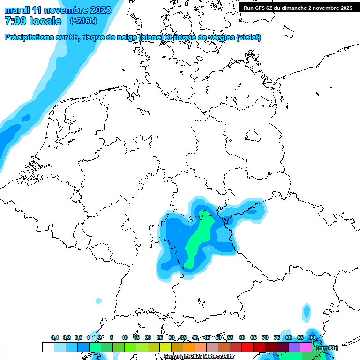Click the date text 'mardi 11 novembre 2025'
[58, 10]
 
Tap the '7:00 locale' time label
[33, 22]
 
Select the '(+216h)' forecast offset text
[83, 21]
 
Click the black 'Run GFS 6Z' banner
[298, 7]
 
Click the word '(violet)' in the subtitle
[249, 37]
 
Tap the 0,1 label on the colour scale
[55, 337]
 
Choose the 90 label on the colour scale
[312, 337]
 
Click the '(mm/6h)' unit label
[327, 347]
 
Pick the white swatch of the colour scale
[48, 347]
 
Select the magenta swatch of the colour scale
[306, 347]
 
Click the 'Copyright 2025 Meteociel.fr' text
[199, 357]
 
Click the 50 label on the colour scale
[218, 337]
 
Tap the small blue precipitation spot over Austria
[307, 310]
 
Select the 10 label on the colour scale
[125, 337]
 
